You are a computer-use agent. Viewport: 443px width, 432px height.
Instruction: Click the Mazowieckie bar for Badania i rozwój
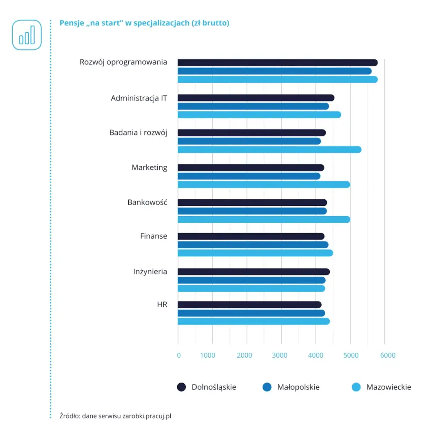pos(269,150)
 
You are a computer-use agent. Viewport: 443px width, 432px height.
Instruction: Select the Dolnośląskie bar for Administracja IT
pos(256,98)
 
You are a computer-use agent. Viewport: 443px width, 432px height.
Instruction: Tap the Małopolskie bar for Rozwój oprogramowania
pos(274,71)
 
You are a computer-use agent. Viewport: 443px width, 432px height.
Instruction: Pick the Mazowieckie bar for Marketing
pos(263,185)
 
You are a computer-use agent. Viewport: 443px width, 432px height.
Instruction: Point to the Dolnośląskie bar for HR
pos(249,304)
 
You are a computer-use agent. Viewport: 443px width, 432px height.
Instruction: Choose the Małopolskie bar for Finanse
pos(253,245)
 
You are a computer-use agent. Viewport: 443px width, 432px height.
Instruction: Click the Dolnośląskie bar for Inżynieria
pos(253,272)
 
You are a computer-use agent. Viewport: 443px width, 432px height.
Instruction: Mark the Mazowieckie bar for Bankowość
pos(263,219)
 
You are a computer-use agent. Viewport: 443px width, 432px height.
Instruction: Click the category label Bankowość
pos(147,202)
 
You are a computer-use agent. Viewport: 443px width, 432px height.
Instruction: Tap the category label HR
pos(162,304)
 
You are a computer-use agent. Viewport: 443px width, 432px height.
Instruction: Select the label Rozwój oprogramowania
pos(123,62)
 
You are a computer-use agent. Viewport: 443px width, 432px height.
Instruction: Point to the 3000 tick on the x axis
pos(280,355)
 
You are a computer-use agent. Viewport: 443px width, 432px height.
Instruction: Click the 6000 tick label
pos(388,355)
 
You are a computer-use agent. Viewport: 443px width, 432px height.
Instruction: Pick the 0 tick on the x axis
pos(179,355)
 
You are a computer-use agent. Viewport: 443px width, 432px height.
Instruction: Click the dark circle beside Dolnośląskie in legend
pos(181,387)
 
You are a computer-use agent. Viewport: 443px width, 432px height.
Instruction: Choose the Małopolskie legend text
pos(298,387)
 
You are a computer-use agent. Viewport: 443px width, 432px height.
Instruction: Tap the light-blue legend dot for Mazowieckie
pos(356,387)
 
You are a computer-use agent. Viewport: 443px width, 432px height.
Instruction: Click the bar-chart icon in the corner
pos(27,35)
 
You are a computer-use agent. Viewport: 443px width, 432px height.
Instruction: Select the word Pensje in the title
pos(71,23)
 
